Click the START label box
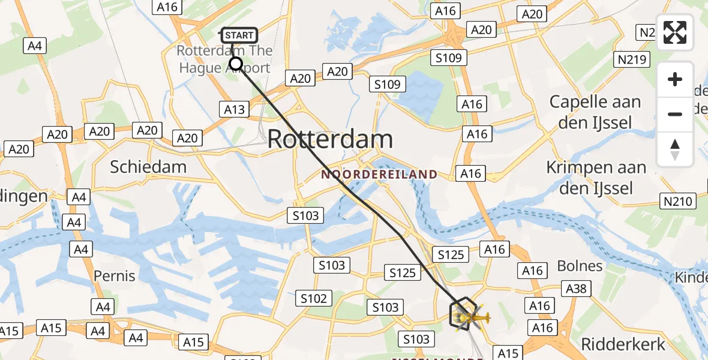[239, 35]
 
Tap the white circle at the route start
[236, 64]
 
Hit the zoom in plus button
[675, 79]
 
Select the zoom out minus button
[675, 114]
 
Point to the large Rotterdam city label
[330, 139]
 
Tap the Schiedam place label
[148, 167]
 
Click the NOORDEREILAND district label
[379, 175]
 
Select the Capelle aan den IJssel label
[595, 112]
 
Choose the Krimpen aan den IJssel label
[596, 178]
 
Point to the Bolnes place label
[580, 265]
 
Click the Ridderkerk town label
[623, 344]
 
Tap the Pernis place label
[114, 276]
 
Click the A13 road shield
[235, 109]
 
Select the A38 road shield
[576, 289]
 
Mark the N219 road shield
[630, 59]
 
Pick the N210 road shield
[677, 201]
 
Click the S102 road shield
[313, 298]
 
